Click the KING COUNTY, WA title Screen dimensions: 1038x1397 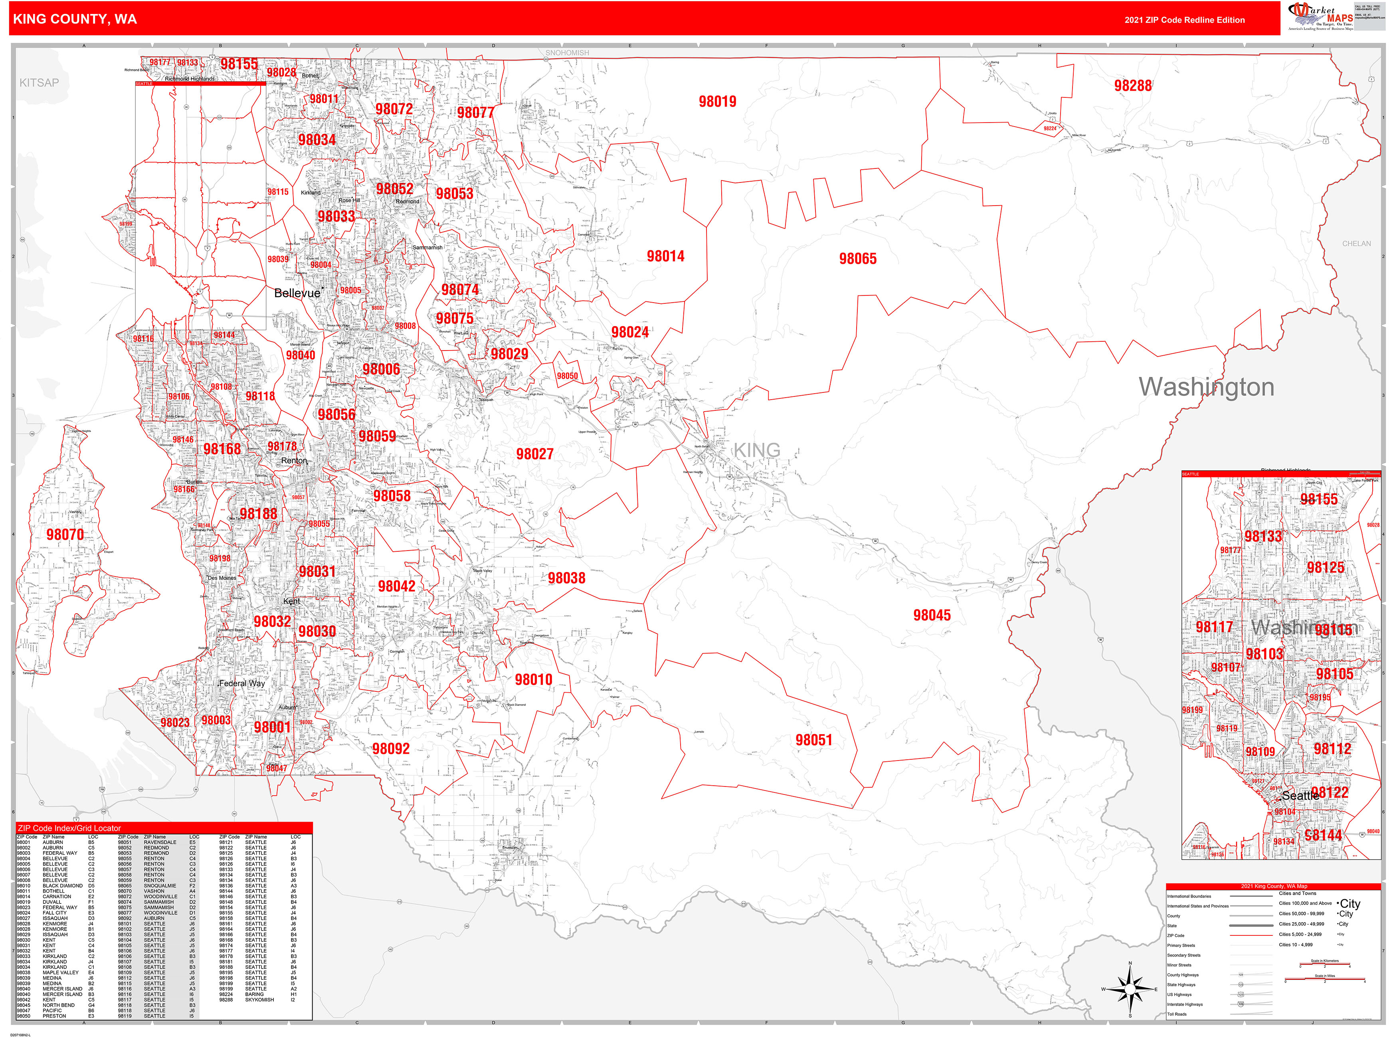point(75,19)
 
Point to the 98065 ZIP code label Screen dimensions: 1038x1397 point(857,259)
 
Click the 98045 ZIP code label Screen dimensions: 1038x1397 point(932,616)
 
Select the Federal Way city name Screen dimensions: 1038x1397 point(242,683)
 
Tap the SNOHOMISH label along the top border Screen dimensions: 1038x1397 point(567,53)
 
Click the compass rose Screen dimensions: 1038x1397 point(1130,989)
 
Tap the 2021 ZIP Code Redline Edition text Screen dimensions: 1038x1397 point(1184,20)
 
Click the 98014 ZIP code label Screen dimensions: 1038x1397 point(665,256)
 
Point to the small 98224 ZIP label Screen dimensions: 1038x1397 point(1050,128)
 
